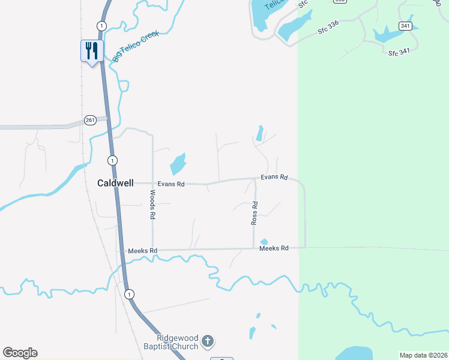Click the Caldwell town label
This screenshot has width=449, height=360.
pos(115,184)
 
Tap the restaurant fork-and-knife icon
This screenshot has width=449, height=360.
pos(92,50)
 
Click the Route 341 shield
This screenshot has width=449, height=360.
pos(406,26)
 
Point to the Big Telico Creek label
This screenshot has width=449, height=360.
pos(136,46)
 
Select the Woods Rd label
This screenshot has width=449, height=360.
pos(152,205)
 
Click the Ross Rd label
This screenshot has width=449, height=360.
pos(255,213)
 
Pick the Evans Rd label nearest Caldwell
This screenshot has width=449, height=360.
pos(171,184)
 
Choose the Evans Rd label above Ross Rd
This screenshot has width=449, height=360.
pos(274,178)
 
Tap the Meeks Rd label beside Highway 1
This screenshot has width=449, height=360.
pos(143,250)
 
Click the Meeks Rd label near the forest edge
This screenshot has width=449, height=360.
pos(274,248)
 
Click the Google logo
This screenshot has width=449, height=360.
pos(20,353)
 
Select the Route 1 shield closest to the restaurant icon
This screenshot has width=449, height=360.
pos(101,25)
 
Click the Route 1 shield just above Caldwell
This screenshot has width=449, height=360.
pos(112,160)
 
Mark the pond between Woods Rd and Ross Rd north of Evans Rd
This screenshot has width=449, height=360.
pos(178,164)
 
